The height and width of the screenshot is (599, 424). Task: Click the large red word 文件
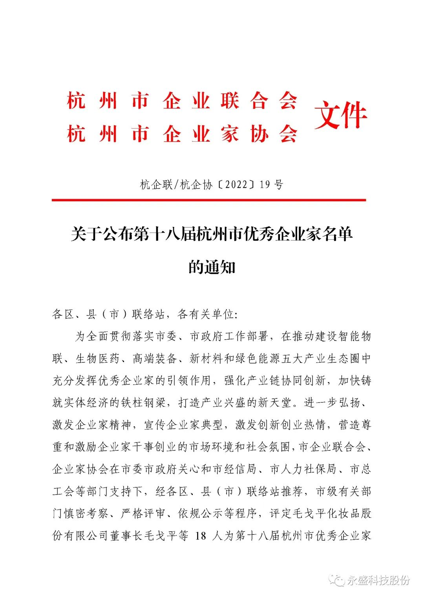click(x=340, y=115)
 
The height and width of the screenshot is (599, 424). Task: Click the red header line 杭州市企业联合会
click(x=182, y=101)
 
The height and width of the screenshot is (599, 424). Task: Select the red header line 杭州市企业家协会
click(x=182, y=134)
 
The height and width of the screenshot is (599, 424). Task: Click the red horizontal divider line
click(x=208, y=200)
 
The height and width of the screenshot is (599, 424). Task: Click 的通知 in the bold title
click(x=212, y=268)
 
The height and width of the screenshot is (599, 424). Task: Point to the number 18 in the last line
click(x=201, y=536)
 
